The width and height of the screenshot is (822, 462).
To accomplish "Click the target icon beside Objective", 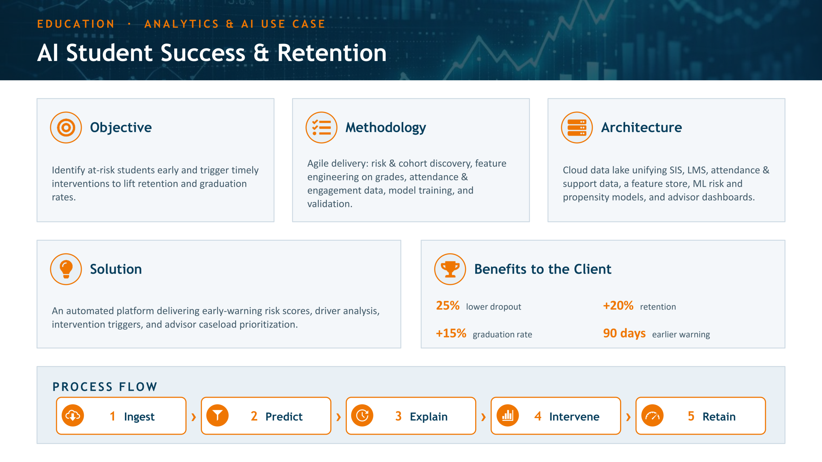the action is [x=66, y=127].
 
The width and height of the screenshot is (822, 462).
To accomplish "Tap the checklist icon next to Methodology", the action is [x=321, y=127].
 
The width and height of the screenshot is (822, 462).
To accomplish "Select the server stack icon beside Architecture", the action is [x=577, y=127].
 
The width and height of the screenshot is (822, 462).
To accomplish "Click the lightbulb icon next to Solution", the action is [x=66, y=269].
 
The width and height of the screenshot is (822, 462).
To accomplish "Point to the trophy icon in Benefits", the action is [x=450, y=269].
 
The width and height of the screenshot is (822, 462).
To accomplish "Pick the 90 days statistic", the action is [x=624, y=333].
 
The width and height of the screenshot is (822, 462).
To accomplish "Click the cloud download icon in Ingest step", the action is [x=73, y=416].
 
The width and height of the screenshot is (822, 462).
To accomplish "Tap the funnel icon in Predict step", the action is [x=218, y=416].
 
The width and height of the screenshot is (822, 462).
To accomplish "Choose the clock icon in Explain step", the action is [x=363, y=416].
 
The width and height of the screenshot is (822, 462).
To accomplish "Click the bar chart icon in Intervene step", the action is [x=508, y=416].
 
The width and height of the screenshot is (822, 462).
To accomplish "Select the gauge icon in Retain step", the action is [x=652, y=416].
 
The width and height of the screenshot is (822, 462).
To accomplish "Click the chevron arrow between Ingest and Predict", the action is [x=194, y=417].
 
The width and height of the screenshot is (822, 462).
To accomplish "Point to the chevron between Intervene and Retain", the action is [x=628, y=417].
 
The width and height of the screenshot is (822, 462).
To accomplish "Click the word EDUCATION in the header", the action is [x=76, y=24].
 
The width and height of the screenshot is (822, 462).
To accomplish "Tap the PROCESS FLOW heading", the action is [x=105, y=387].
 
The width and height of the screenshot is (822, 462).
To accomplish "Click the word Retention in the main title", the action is [x=332, y=53].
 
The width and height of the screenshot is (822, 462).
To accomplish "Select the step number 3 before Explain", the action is [x=398, y=416].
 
